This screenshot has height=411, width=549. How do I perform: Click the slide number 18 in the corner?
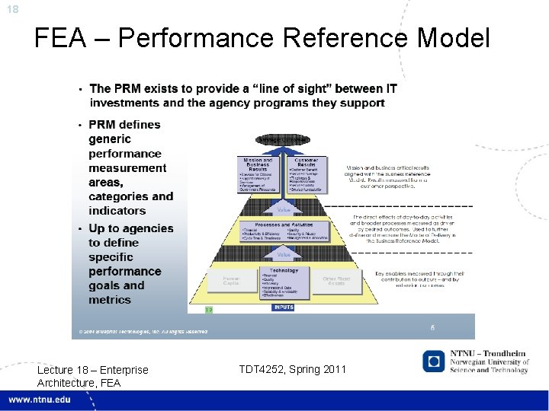pos(13,8)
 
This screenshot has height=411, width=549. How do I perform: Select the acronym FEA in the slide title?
pos(60,37)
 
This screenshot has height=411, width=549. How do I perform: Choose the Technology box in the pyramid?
pos(284,282)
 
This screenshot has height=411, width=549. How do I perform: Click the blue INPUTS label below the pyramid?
pos(283,307)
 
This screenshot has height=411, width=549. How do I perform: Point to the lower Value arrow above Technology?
pos(284,255)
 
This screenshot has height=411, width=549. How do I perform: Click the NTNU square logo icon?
pos(435,362)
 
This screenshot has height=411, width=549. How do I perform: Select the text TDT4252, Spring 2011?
pos(292,370)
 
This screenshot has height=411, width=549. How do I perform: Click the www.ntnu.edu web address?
pos(39,400)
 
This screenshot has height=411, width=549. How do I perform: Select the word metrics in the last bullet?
pos(110,300)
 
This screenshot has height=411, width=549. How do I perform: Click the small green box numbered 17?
pos(208,309)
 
